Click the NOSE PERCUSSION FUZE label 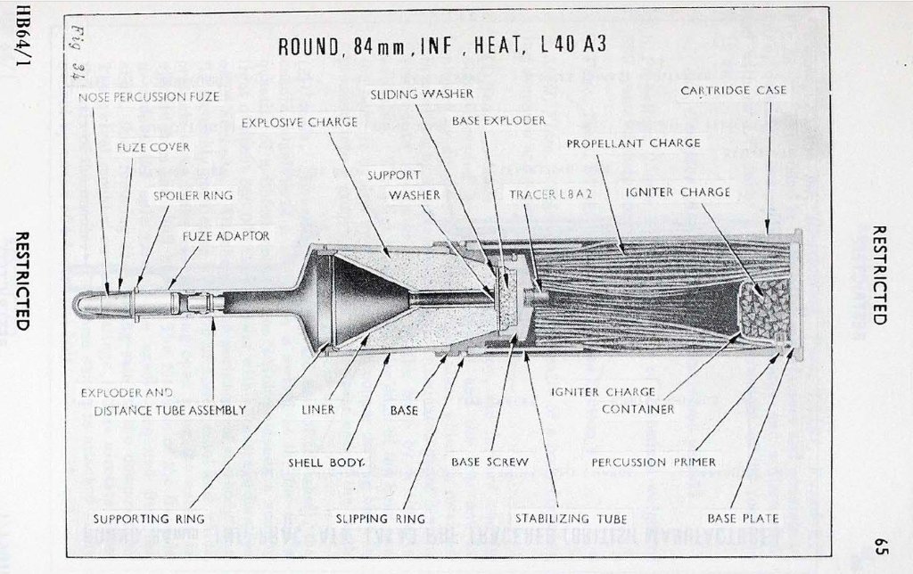(x=149, y=96)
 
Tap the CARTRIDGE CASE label (x=733, y=90)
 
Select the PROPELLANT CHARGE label (x=633, y=143)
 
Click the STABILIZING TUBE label (x=572, y=518)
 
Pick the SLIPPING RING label (x=380, y=518)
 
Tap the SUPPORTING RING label (x=149, y=518)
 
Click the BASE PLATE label (x=743, y=518)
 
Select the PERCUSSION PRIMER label (x=654, y=463)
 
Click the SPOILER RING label (x=193, y=195)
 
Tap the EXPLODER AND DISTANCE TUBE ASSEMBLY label (x=169, y=401)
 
